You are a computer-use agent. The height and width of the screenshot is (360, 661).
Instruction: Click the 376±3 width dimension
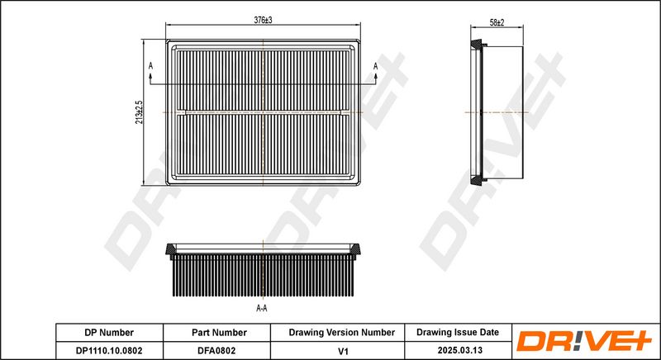click(263, 20)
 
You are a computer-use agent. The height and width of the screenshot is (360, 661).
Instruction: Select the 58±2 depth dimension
click(497, 23)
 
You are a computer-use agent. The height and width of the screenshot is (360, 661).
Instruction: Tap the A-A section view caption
click(262, 308)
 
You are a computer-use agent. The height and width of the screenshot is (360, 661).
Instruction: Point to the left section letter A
click(150, 66)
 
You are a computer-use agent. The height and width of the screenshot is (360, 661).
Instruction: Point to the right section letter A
click(375, 66)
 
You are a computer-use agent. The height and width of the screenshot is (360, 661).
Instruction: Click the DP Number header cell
click(109, 332)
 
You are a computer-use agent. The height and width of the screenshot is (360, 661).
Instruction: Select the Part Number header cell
click(219, 332)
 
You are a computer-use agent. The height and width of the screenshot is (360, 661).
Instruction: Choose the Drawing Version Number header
click(342, 332)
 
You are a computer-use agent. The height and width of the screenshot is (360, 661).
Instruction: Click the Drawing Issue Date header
click(458, 332)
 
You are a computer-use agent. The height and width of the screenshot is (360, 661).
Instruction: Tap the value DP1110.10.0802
click(109, 350)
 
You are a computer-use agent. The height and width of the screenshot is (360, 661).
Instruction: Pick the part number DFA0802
click(216, 350)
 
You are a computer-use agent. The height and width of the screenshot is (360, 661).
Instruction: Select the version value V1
click(344, 350)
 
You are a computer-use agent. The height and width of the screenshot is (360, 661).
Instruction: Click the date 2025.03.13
click(460, 350)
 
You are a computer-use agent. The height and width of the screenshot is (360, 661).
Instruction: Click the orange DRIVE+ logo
click(584, 341)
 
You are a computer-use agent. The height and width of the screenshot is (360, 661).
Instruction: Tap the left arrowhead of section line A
click(150, 76)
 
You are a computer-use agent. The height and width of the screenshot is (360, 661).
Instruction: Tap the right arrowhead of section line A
click(376, 76)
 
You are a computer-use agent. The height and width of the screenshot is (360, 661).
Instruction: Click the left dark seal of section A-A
click(171, 250)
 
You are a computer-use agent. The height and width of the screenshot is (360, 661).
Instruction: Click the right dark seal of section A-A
click(355, 250)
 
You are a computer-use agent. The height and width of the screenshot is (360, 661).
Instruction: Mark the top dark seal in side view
click(477, 45)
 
